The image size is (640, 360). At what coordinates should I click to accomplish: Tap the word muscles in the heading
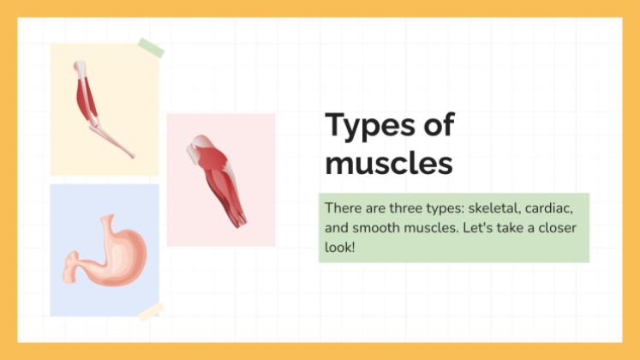[x=388, y=163]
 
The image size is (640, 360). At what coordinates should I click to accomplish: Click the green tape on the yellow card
[x=150, y=48]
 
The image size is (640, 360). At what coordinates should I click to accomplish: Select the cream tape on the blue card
[x=151, y=310]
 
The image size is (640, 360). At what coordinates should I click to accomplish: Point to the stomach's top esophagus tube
[x=108, y=225]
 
